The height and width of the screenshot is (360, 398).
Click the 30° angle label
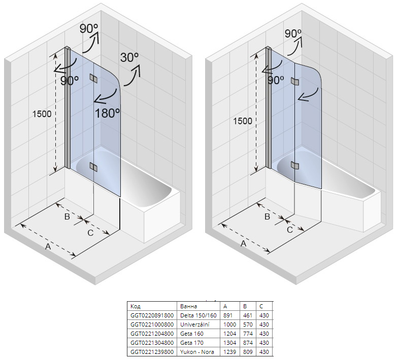pos(129,58)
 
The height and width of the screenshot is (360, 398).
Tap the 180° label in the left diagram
pos(108,113)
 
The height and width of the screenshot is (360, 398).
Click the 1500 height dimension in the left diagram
pos(42,114)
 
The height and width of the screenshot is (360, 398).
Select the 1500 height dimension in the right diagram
pos(243,121)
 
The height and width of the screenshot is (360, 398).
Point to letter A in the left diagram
pos(48,246)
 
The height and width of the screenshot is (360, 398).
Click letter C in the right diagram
pos(290,230)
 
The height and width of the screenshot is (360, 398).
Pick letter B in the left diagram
pos(67,217)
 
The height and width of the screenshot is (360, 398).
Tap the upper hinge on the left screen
pos(93,78)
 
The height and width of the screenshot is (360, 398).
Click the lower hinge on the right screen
pos(294,165)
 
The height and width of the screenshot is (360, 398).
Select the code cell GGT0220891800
pos(152,315)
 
